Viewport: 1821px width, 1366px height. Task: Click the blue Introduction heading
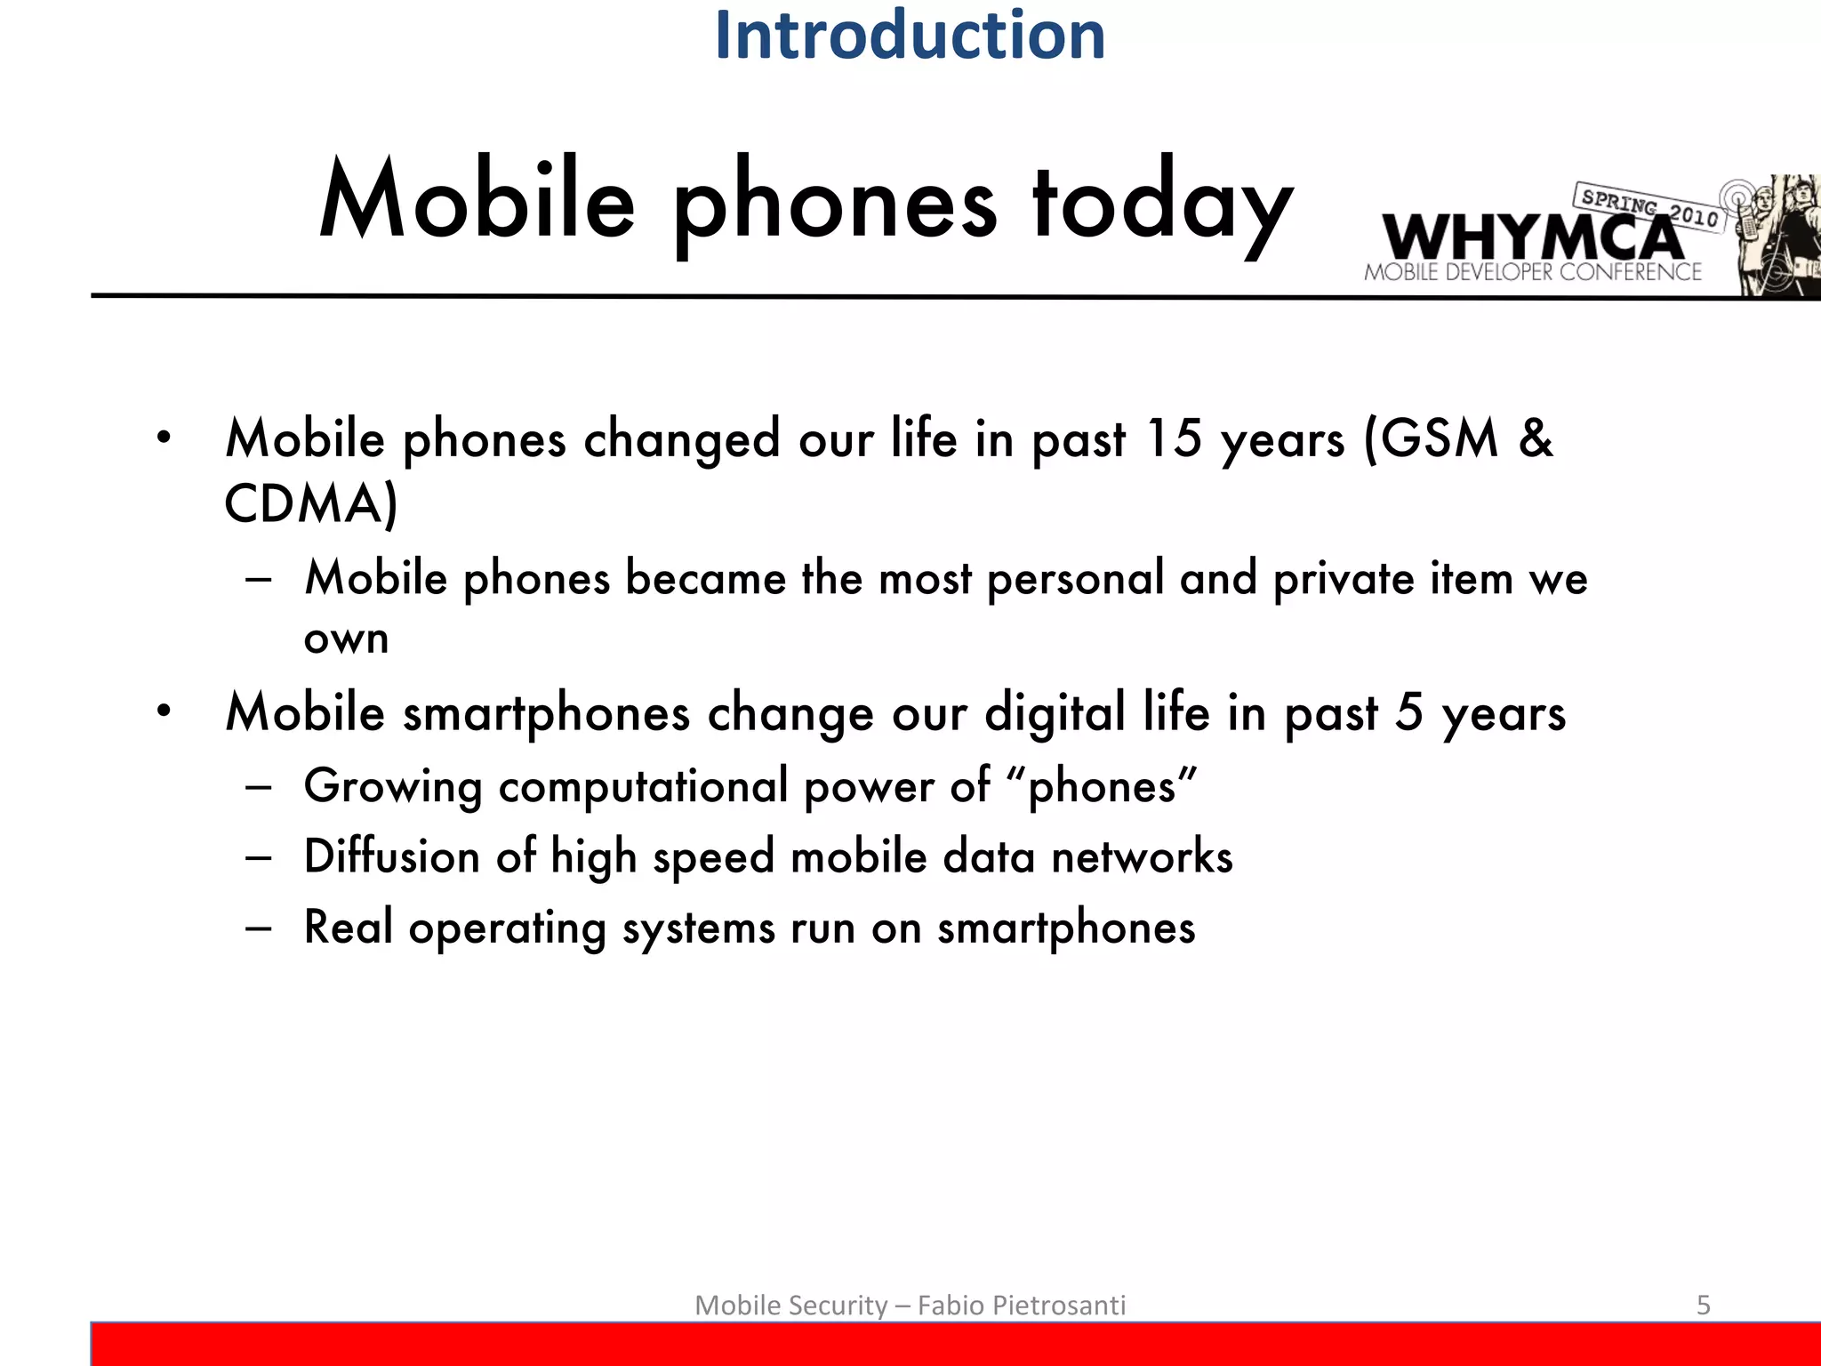[x=910, y=36]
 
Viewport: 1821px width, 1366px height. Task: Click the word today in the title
[x=1161, y=203]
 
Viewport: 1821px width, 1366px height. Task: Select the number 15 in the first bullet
[x=1173, y=438]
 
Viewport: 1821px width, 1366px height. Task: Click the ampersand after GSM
[x=1536, y=438]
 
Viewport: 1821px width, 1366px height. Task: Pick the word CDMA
[x=303, y=503]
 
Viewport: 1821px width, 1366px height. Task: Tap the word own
[x=346, y=639]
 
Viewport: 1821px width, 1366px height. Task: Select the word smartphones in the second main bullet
[x=546, y=714]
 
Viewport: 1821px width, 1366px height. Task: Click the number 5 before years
[x=1408, y=712]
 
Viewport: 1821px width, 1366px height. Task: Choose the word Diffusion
[x=391, y=856]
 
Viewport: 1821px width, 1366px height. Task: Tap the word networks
[x=1142, y=856]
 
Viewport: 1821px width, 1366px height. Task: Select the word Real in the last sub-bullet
[x=348, y=927]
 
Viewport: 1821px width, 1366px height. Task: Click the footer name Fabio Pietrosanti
[x=1021, y=1305]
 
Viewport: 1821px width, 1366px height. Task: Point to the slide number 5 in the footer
[x=1703, y=1305]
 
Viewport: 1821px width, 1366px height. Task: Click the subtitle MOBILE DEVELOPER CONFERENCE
[x=1532, y=272]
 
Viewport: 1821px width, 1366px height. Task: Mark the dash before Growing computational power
[x=259, y=787]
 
